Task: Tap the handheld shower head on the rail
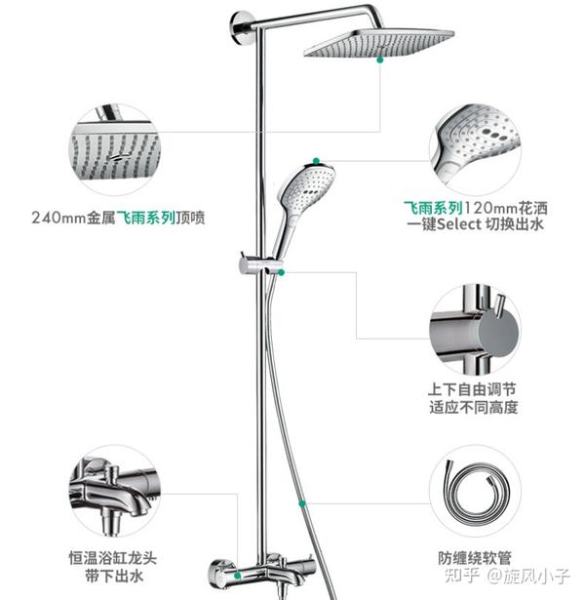pyautogui.click(x=298, y=189)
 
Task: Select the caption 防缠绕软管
pyautogui.click(x=476, y=559)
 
